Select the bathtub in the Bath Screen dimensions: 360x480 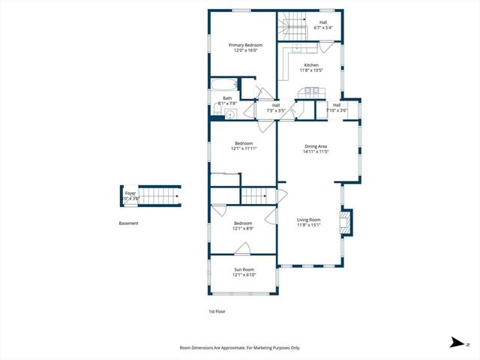pyautogui.click(x=223, y=85)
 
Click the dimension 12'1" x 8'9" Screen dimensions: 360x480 pyautogui.click(x=244, y=228)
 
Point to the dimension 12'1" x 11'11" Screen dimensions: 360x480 pyautogui.click(x=244, y=148)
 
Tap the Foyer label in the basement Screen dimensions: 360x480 pyautogui.click(x=130, y=193)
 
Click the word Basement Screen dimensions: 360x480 pyautogui.click(x=128, y=223)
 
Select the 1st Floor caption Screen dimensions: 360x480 pyautogui.click(x=217, y=310)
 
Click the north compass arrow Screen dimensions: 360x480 pyautogui.click(x=456, y=343)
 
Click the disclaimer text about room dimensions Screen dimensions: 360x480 pyautogui.click(x=239, y=347)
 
